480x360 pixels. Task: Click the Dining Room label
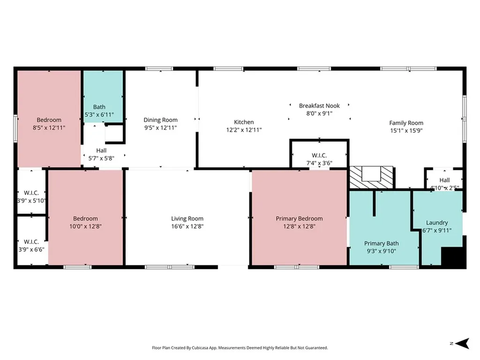(x=160, y=120)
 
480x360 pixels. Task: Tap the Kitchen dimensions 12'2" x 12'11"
(x=244, y=130)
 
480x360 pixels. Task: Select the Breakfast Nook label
(x=319, y=105)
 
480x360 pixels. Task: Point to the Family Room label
(x=406, y=123)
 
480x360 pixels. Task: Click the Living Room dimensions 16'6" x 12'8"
(x=187, y=226)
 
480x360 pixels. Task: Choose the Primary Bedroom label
(x=299, y=218)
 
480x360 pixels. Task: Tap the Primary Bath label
(x=381, y=243)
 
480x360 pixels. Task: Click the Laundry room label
(x=437, y=223)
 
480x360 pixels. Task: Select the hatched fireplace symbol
(x=371, y=178)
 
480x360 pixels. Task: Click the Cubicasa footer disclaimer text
(x=240, y=348)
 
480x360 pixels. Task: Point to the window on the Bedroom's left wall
(x=15, y=128)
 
